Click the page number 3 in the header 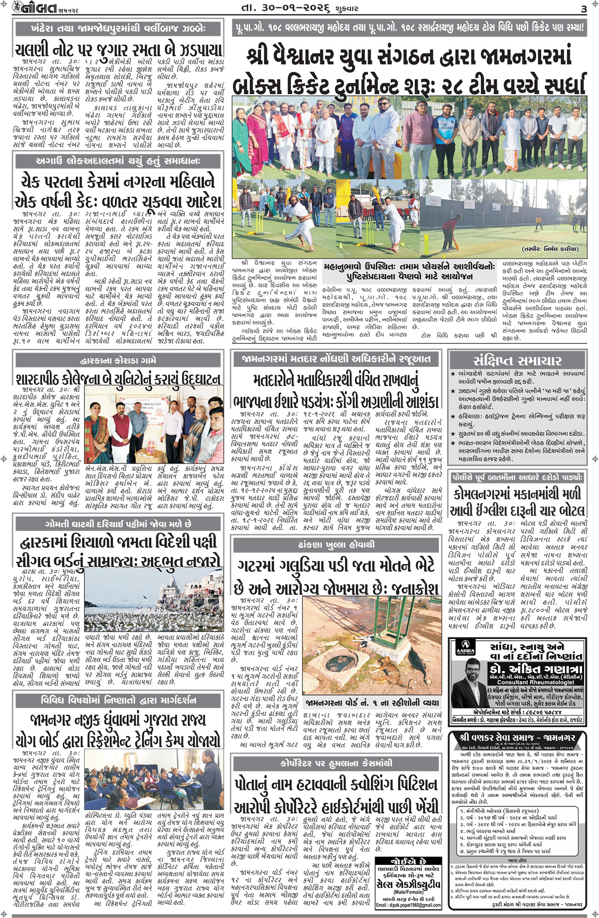click(583, 9)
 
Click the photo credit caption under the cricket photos click(550, 249)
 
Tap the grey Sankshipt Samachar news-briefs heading click(517, 361)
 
